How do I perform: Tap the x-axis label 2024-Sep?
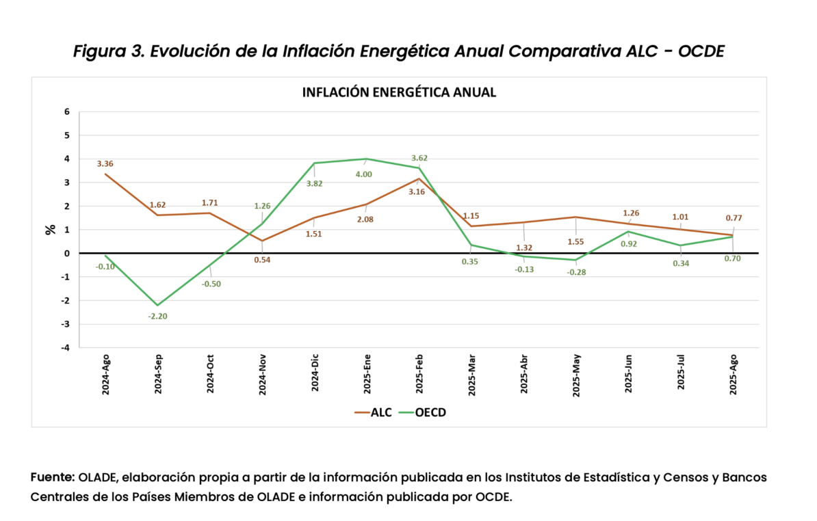coord(158,373)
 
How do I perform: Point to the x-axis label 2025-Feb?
coord(419,373)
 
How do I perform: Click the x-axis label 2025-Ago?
coord(733,373)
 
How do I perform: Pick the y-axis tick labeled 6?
coord(67,111)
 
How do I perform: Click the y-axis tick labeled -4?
coord(66,347)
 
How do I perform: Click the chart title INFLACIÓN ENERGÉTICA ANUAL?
coord(399,92)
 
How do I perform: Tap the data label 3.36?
coord(105,164)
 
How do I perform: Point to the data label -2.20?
coord(158,317)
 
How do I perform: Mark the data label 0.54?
coord(262,259)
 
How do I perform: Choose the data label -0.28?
coord(576,272)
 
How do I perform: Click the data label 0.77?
coord(734,218)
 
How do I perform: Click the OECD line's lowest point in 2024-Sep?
coord(158,305)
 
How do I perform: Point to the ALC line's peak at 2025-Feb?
coord(419,178)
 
